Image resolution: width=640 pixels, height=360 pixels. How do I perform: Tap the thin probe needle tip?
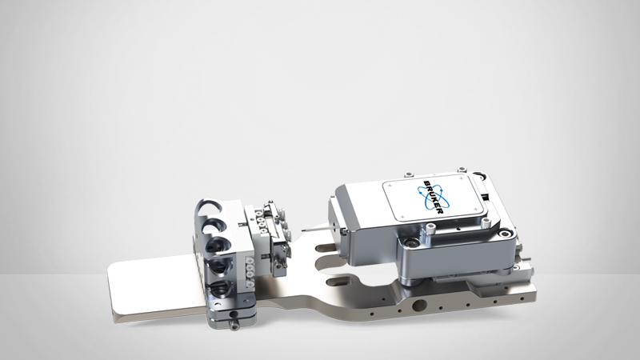(x=303, y=230)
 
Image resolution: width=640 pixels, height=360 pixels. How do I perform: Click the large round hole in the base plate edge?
(x=419, y=305)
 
